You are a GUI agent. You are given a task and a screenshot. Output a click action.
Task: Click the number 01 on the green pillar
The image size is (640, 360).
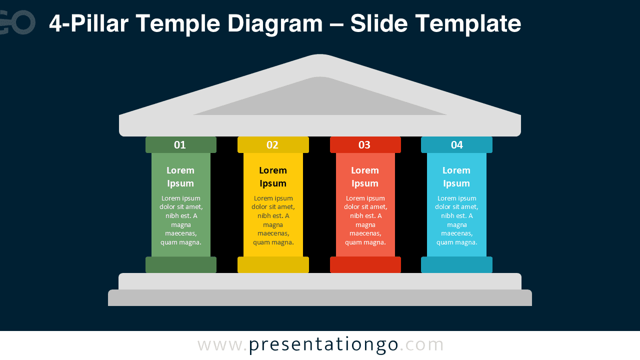(180, 145)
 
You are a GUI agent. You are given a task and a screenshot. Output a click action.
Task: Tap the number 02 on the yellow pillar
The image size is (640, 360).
(272, 145)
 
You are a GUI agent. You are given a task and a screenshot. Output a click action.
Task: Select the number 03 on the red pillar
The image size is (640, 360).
(364, 145)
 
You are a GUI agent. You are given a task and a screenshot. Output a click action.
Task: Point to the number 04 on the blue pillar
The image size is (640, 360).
(457, 145)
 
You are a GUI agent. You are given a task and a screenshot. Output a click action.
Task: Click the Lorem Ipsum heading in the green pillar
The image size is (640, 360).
(180, 176)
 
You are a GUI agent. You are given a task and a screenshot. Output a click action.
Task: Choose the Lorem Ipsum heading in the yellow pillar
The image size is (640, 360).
(273, 176)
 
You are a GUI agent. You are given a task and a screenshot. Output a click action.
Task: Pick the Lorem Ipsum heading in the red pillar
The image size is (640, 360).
(365, 176)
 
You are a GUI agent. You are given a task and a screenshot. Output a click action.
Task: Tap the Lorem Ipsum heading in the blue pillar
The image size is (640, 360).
(456, 176)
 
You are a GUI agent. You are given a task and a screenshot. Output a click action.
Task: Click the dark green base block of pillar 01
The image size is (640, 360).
(181, 264)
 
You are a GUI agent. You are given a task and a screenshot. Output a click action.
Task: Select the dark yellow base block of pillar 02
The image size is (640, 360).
(273, 264)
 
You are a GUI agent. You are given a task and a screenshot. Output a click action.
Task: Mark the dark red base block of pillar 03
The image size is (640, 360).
(365, 264)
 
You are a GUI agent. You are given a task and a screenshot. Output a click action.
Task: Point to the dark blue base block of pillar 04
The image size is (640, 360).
(456, 264)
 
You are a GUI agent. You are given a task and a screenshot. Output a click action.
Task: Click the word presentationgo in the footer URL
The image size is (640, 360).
(323, 344)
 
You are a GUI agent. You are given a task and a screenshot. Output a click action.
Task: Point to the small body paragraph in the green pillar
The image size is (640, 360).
(181, 220)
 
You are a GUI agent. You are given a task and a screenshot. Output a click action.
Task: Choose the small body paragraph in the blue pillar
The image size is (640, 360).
(456, 220)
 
